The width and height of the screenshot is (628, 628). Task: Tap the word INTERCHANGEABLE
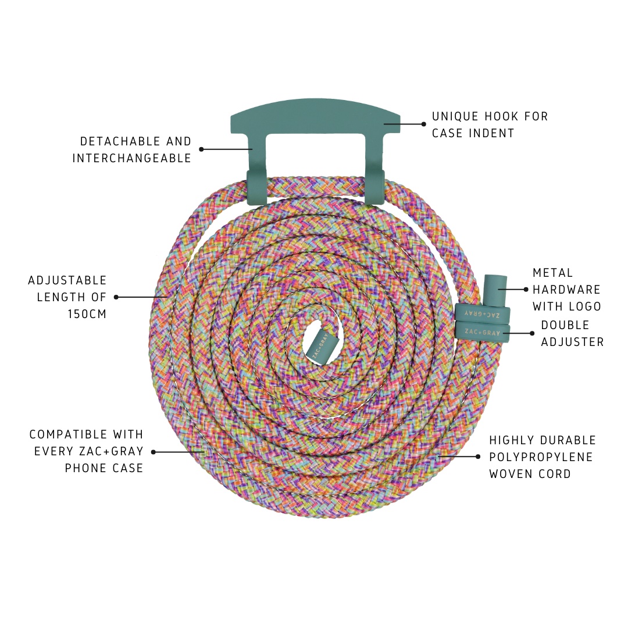tap(132, 158)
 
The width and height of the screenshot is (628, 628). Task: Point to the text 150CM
tap(87, 314)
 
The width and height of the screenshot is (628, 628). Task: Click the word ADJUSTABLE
tap(67, 281)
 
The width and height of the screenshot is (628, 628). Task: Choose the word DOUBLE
tap(565, 325)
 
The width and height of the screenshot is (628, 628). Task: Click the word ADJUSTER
tap(572, 342)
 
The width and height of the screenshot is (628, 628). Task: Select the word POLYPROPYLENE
tap(541, 457)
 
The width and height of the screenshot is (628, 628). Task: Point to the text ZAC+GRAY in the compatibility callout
tap(110, 451)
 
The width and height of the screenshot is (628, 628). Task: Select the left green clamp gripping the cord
tap(256, 187)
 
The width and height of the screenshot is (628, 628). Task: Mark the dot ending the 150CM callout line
tap(116, 297)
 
